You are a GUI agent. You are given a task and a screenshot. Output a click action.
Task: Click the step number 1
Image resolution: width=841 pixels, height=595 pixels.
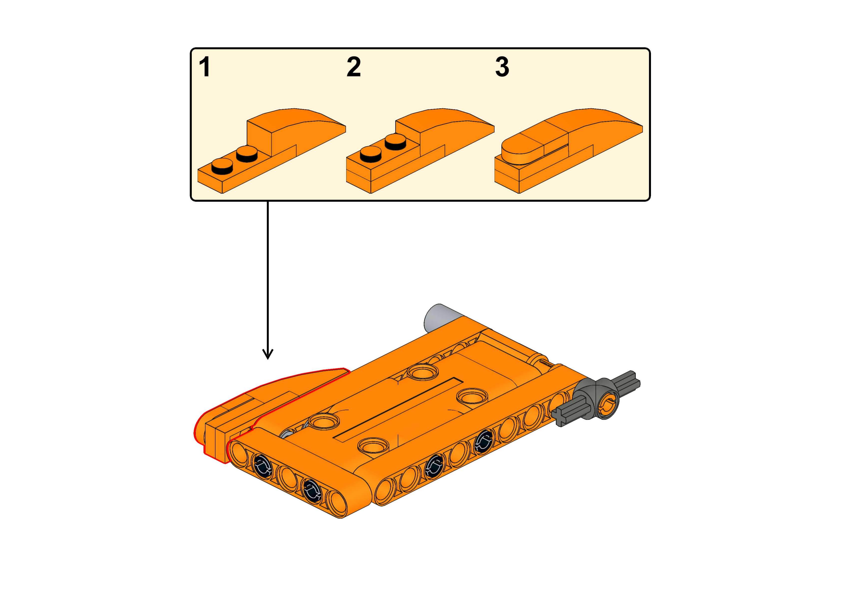[x=205, y=67]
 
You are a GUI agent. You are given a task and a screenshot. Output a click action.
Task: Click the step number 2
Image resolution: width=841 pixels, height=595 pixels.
[x=354, y=67]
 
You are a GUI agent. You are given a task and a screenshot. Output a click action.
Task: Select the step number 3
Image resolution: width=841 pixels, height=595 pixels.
[x=502, y=67]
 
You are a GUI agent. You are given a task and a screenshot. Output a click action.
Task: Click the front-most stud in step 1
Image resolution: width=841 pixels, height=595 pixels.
[x=222, y=166]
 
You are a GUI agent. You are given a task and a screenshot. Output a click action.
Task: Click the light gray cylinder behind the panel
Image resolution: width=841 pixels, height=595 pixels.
[x=438, y=317]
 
